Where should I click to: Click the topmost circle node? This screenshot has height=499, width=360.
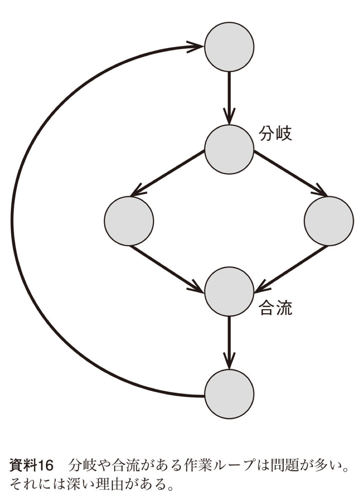point(229,47)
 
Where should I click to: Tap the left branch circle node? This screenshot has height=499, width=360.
point(129,221)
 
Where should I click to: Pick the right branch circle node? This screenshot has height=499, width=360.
point(329,221)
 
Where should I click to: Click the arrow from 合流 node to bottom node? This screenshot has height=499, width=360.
point(229,341)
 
